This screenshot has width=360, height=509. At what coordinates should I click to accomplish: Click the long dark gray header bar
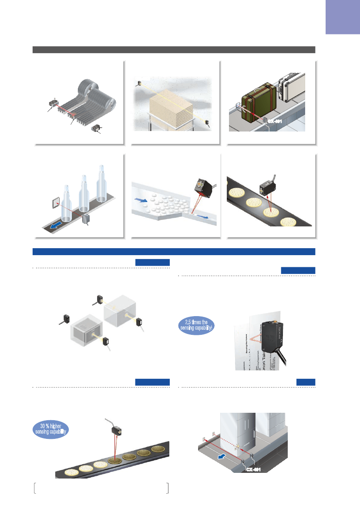click(174, 50)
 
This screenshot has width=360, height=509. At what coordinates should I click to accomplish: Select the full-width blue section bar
click(174, 251)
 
